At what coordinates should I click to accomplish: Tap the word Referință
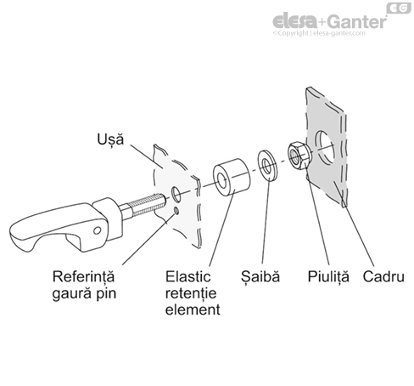[x=82, y=276]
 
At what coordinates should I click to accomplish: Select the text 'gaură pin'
[x=82, y=293]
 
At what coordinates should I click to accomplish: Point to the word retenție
[x=188, y=293]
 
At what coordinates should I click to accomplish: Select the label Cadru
[x=383, y=276]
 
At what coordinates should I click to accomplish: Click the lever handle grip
[x=42, y=231]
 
